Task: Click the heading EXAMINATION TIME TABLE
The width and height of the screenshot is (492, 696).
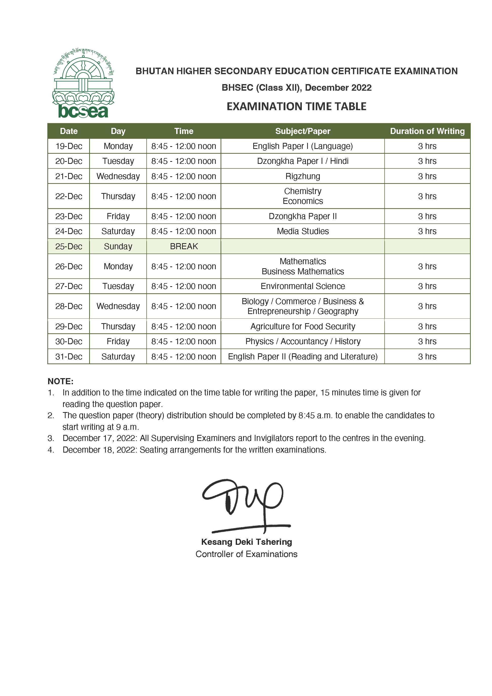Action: click(296, 106)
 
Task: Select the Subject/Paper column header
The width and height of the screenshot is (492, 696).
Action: click(303, 131)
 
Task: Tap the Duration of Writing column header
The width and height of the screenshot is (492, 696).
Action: click(427, 131)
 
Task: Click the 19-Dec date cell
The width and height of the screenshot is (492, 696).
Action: click(69, 146)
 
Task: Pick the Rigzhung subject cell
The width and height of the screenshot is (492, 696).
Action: click(303, 176)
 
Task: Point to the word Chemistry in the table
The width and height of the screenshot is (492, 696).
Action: click(303, 191)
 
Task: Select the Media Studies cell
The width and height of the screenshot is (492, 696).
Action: click(303, 231)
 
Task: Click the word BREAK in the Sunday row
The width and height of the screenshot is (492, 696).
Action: click(184, 246)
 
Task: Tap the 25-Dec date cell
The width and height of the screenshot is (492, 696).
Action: click(69, 246)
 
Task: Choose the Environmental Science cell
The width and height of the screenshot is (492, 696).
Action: click(303, 286)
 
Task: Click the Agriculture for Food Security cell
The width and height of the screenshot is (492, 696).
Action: click(303, 326)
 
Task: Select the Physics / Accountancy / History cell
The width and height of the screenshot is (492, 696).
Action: click(303, 341)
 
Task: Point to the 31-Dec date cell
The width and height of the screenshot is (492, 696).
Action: click(69, 357)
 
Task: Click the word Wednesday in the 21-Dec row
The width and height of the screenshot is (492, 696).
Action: click(118, 176)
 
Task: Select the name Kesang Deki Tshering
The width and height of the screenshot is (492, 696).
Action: click(246, 542)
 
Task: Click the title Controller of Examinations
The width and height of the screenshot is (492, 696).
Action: click(246, 554)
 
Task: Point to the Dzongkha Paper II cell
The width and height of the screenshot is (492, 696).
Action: click(303, 216)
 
